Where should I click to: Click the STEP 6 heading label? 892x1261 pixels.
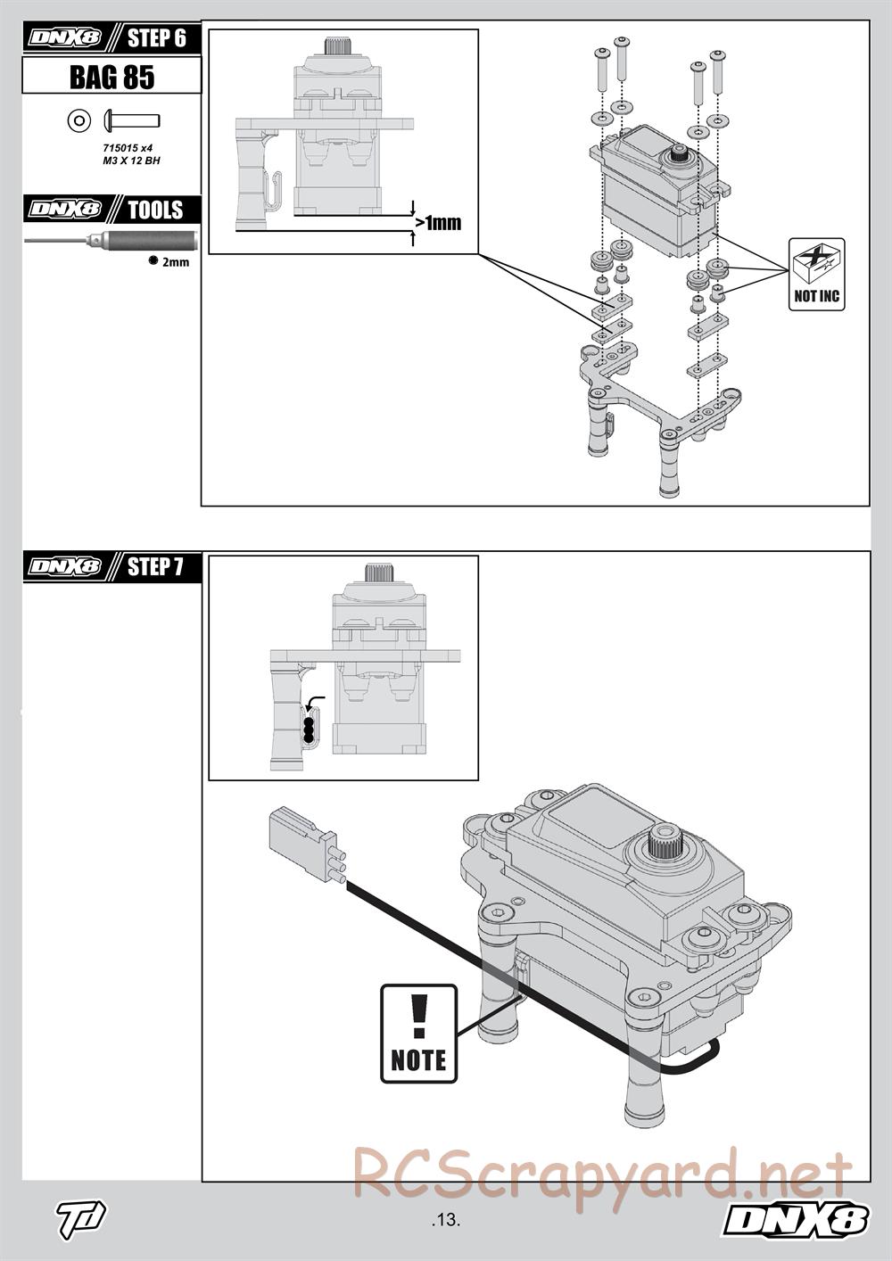pos(156,38)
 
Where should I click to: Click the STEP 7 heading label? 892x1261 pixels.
pos(155,566)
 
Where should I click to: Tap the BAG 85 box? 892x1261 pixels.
pos(111,77)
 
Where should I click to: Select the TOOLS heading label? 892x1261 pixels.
pos(155,210)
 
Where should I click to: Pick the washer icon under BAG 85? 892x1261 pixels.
pos(78,120)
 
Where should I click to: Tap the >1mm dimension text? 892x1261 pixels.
pos(438,222)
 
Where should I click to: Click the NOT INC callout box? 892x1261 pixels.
pos(817,275)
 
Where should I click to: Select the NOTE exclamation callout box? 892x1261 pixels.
pos(418,1034)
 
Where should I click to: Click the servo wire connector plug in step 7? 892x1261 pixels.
pos(303,844)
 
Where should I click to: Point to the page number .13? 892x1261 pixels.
pos(444,1219)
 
